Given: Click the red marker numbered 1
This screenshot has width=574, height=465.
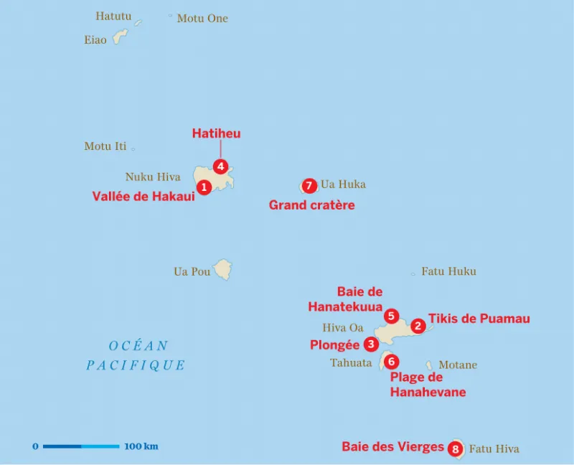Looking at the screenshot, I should point(204,187).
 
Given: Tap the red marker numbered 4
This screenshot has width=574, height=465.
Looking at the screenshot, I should point(221,166).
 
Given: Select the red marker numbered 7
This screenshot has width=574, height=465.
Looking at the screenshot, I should point(309,186).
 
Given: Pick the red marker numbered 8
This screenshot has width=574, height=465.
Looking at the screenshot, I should point(455,449).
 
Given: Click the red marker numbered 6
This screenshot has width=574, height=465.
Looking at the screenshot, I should point(391,361).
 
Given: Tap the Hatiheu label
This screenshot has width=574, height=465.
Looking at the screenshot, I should point(216,133).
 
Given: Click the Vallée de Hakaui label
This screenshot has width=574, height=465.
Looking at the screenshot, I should point(143,196).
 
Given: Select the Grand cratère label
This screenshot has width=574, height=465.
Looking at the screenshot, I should point(311,205).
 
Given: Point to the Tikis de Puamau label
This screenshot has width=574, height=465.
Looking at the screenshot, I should point(479,318).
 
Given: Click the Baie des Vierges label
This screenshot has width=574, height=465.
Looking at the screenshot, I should point(392,446).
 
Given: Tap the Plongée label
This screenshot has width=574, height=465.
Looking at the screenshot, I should point(334,345).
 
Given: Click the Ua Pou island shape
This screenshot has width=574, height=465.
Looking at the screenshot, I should point(222,270).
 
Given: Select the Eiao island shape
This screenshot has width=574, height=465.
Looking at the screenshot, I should point(120,36).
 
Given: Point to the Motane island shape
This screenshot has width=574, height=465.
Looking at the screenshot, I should point(429,365).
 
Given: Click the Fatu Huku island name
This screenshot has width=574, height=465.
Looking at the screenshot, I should point(448,271).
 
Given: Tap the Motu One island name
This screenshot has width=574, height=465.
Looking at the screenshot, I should point(202,19).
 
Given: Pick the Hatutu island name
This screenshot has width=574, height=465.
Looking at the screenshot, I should point(113,16).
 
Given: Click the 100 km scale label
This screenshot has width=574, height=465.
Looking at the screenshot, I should point(141,446).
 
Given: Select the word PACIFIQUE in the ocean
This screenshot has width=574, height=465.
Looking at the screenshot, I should point(136,365).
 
